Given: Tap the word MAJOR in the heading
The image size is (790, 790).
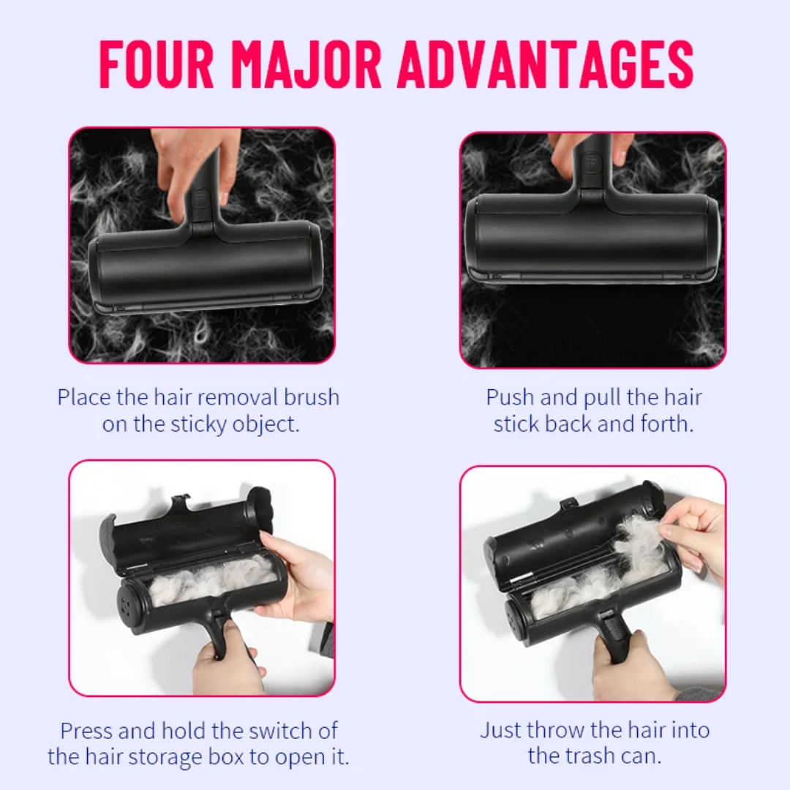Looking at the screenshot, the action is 306,65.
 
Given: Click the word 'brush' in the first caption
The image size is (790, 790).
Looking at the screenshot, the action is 312,397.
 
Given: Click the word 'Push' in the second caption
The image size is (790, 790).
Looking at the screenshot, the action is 510,397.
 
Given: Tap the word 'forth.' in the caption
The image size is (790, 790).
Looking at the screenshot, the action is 667,424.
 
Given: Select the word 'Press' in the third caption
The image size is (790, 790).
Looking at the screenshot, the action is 86,731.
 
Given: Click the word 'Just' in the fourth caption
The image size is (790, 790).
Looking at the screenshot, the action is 500,730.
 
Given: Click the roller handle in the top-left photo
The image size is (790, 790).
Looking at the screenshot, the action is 203,192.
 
